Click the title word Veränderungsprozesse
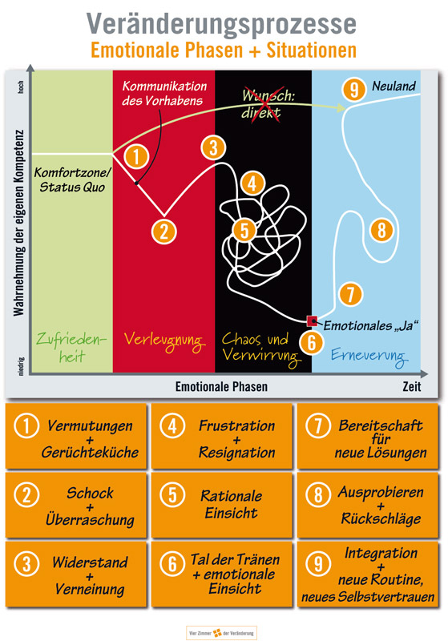221,25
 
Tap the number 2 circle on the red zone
164,232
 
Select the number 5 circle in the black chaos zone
244,230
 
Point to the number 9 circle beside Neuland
354,89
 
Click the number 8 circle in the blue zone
381,230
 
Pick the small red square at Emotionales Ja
312,321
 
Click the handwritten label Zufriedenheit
71,347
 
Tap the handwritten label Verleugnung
163,341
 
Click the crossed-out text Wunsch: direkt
268,104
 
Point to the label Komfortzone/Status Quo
72,179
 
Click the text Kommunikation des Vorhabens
163,93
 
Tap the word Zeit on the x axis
411,386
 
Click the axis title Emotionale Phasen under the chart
221,386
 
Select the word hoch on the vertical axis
21,87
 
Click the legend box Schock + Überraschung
76,506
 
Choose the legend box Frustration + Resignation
222,436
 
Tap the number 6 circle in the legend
172,564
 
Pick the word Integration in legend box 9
381,553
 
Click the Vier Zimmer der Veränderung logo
221,633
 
